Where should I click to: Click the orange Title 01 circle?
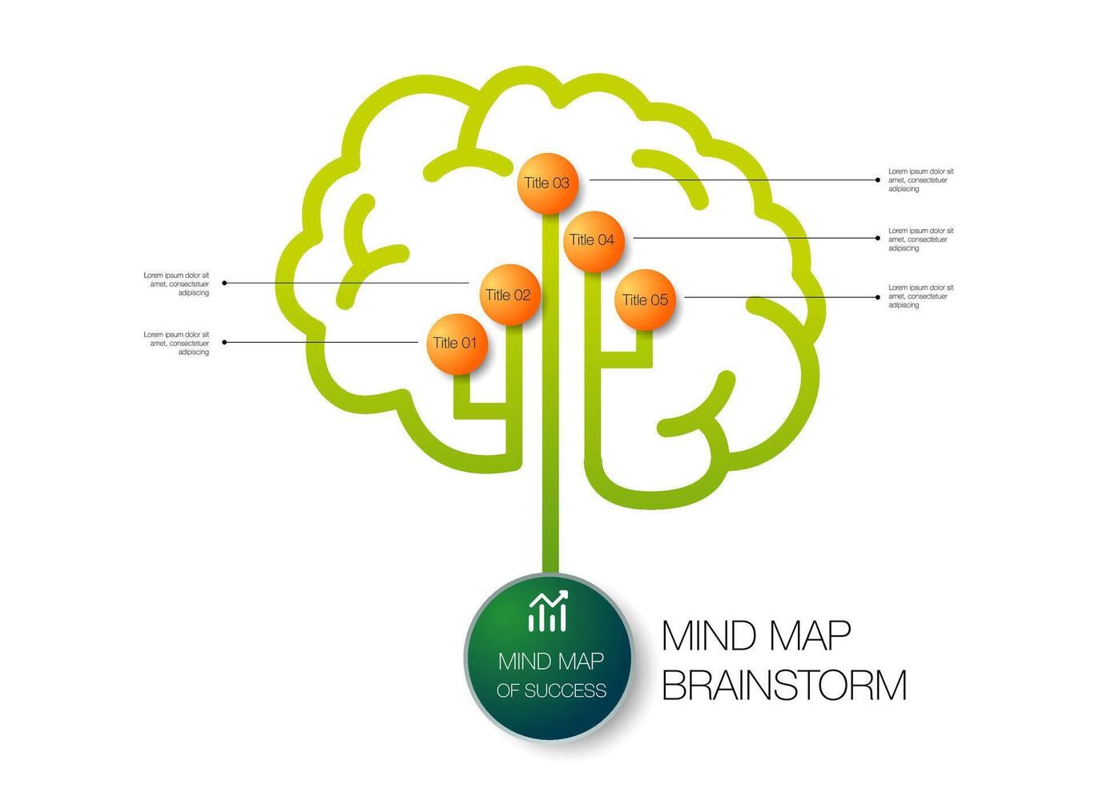457,344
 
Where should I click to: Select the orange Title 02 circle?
509,295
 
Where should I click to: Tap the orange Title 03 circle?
548,183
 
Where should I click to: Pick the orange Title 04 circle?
593,240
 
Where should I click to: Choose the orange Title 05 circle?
645,300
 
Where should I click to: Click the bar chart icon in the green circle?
549,612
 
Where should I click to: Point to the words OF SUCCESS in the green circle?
551,690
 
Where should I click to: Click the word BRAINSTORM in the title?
784,686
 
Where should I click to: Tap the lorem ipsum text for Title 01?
177,344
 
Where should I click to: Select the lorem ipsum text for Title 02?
177,284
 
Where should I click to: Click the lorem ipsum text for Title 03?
920,180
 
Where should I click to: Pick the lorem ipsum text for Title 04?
920,240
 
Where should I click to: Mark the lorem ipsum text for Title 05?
920,296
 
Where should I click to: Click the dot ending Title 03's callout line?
879,180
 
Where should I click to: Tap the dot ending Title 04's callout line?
879,238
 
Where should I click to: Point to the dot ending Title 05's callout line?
879,297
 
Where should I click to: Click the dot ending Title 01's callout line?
224,342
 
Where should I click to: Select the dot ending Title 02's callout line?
224,283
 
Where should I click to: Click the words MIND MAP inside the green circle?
551,662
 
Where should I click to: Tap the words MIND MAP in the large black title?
756,635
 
